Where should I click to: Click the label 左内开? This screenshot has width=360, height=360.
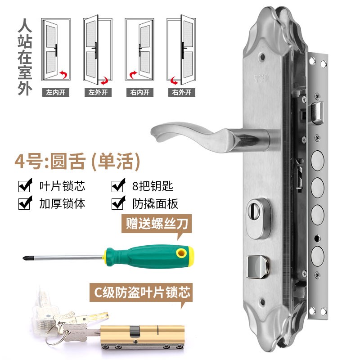click(56, 93)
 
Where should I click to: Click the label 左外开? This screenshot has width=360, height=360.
click(98, 93)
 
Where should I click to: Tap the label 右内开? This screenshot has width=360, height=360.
click(140, 93)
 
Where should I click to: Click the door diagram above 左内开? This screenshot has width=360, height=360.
click(56, 49)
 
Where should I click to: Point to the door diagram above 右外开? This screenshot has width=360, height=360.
click(181, 49)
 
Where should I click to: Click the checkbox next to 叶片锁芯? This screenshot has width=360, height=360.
click(25, 185)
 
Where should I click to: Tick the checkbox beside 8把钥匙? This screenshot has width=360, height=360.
click(118, 185)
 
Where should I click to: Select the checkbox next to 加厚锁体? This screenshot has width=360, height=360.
click(25, 203)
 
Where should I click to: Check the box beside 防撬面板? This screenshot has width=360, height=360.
click(118, 203)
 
